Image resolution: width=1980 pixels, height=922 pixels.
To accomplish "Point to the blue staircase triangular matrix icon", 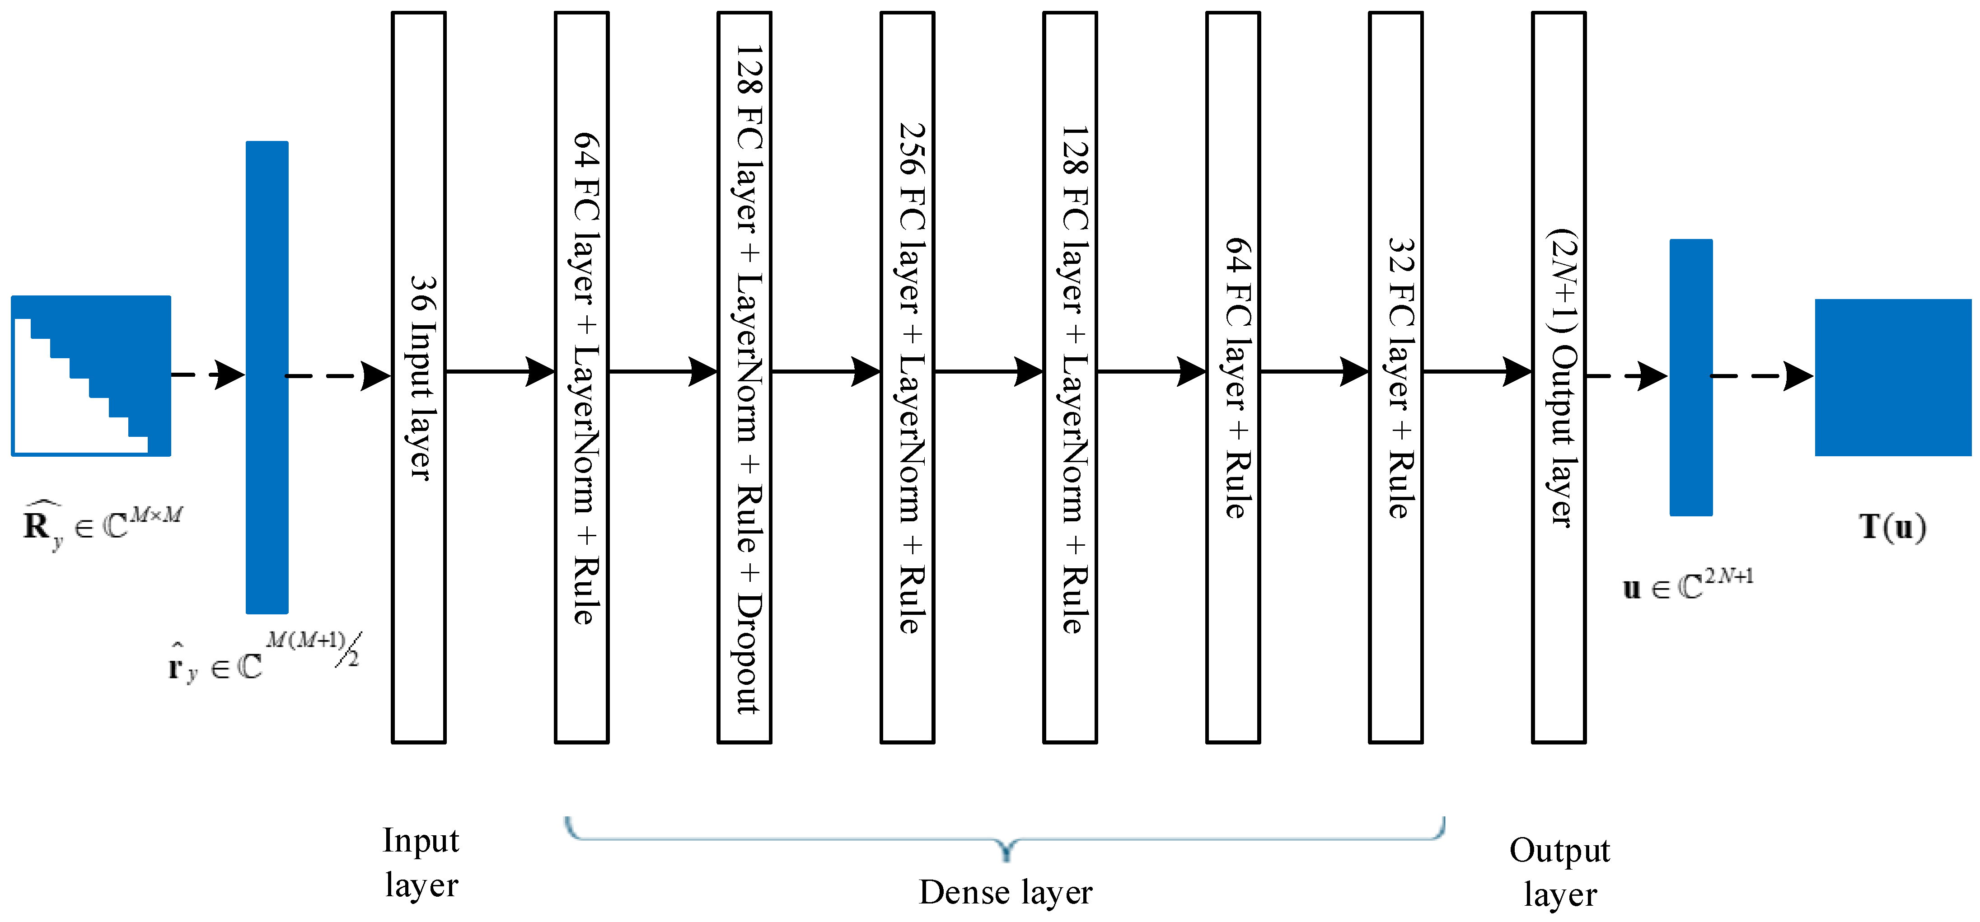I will click(91, 376).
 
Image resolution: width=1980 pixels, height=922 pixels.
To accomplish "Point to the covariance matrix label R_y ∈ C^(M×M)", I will click(102, 525).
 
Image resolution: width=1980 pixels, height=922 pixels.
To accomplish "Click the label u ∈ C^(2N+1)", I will click(1687, 585).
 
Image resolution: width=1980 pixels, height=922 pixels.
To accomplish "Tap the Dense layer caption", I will click(1006, 892).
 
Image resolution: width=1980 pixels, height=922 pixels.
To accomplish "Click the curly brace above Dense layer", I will click(1006, 838).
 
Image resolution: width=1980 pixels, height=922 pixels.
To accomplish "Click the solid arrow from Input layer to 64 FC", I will click(500, 372).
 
